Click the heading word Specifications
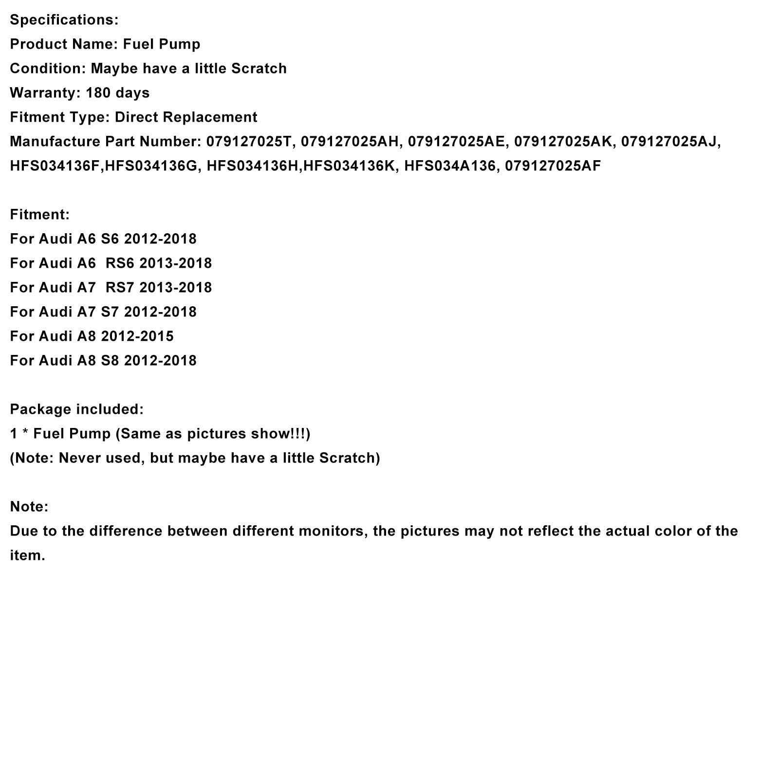tap(64, 20)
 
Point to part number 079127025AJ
tap(670, 142)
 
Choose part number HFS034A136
tap(449, 166)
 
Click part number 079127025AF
tap(553, 166)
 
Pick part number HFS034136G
tap(151, 166)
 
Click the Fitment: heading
tap(40, 215)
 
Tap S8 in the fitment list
tap(110, 361)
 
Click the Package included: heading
tap(77, 409)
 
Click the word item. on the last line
tap(27, 556)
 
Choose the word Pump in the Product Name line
tap(183, 44)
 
